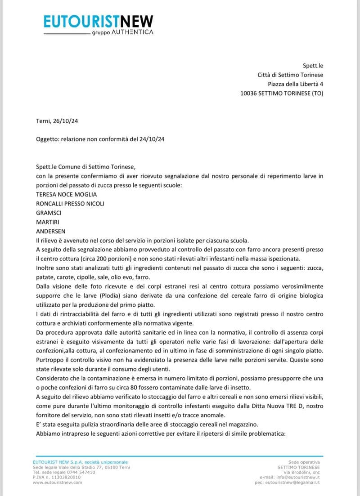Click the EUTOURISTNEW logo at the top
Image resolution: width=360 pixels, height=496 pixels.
(99, 21)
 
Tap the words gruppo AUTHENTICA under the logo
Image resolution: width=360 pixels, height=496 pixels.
(122, 32)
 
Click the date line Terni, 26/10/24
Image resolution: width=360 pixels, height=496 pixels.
(58, 121)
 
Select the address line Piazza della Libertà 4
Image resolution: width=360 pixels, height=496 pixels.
(295, 84)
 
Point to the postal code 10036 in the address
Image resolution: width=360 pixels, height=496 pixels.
(249, 93)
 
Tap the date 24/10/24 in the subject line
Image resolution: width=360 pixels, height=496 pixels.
(151, 139)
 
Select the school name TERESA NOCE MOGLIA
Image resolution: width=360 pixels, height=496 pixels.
(66, 194)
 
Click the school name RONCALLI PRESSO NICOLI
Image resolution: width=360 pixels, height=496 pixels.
(70, 203)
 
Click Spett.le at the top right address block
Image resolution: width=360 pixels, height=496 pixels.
(313, 66)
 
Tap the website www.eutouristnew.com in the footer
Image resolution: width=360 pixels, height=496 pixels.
(58, 482)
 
